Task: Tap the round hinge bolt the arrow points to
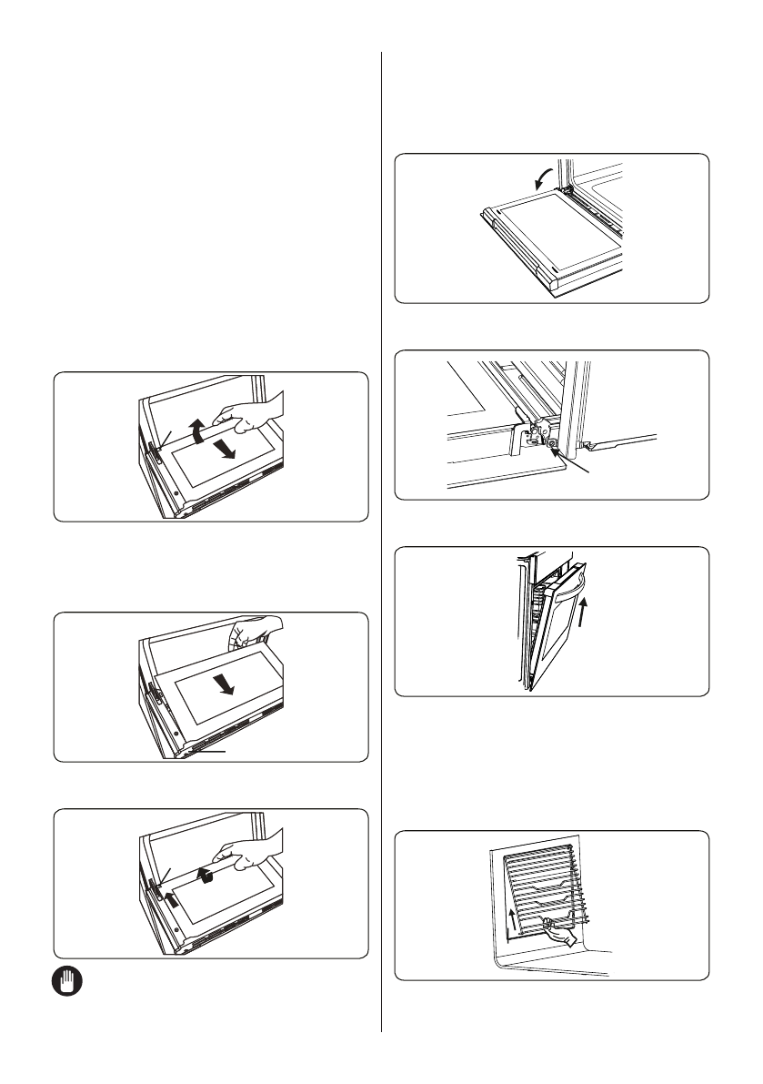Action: (553, 444)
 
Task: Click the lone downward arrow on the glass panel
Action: (227, 684)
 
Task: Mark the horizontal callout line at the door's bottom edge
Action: (211, 752)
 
